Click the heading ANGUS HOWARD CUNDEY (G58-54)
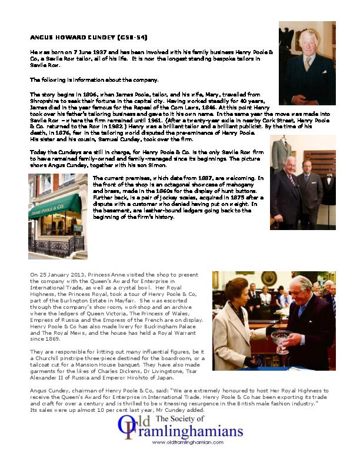click(88, 38)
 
